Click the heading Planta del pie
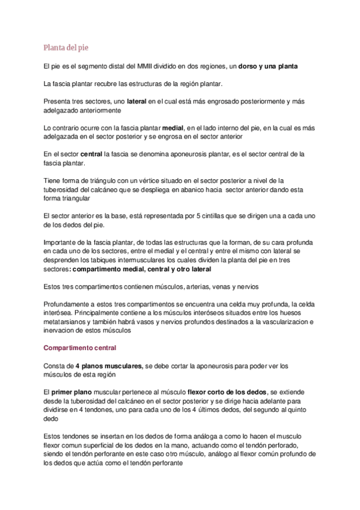pos(66,48)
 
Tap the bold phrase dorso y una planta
pos(267,66)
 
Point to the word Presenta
pos(58,102)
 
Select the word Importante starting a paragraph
pos(62,242)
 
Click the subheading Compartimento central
pos(80,348)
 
